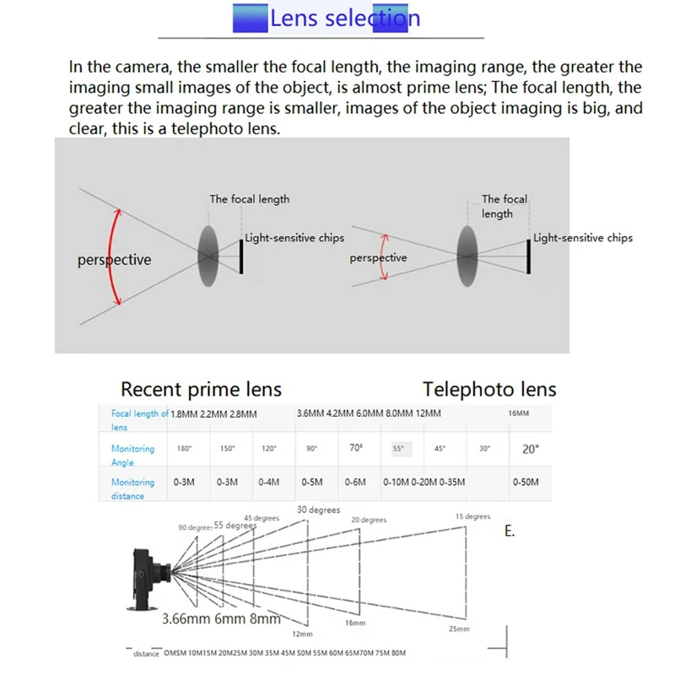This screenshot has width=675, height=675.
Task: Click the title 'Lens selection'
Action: click(344, 18)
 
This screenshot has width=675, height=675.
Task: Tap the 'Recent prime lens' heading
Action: click(201, 389)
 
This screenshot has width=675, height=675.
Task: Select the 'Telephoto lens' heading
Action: click(489, 389)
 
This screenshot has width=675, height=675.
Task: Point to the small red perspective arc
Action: click(381, 257)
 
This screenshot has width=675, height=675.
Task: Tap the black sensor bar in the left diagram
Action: click(242, 256)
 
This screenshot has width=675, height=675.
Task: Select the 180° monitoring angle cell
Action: click(184, 449)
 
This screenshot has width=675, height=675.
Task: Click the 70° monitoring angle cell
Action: click(355, 449)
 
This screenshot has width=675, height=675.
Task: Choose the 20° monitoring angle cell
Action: click(530, 449)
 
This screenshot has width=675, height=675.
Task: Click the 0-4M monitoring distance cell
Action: click(268, 482)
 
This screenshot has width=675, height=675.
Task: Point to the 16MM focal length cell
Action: click(519, 413)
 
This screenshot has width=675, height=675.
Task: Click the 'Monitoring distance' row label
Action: click(132, 489)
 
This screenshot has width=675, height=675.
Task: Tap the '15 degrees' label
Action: click(472, 516)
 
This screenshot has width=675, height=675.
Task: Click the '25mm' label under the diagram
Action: click(459, 629)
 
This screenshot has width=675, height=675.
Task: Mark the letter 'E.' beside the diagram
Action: click(509, 532)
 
